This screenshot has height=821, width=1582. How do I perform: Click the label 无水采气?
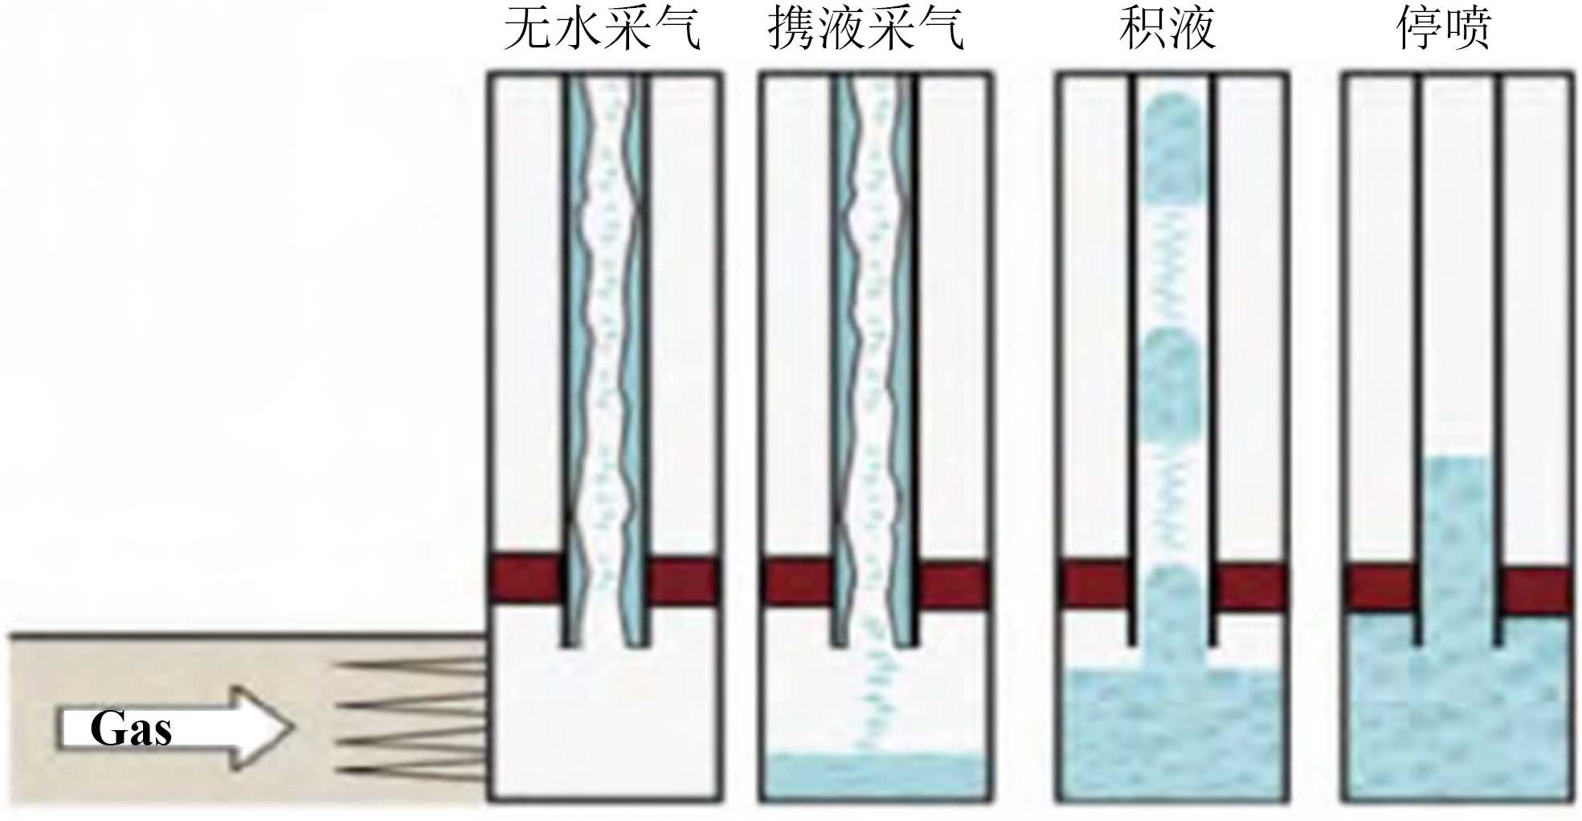[x=603, y=29]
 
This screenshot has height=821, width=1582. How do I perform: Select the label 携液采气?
[x=865, y=29]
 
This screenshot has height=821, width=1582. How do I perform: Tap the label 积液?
[x=1167, y=29]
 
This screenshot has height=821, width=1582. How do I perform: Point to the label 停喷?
[x=1444, y=29]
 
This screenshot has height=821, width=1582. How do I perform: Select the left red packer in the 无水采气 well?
[x=526, y=579]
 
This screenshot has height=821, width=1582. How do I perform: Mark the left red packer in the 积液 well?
[x=1094, y=585]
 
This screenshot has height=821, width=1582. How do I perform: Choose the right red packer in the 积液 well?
[x=1250, y=587]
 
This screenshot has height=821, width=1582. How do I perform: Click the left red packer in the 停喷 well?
[x=1380, y=589]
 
